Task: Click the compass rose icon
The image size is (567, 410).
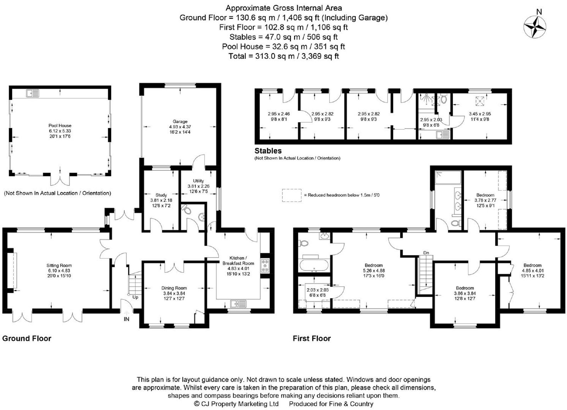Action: tap(535, 27)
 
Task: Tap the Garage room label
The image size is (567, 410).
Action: tap(180, 122)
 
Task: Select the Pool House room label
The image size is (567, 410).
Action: tap(60, 125)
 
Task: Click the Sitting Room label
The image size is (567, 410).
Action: tap(59, 265)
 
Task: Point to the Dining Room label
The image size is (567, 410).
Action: tap(174, 288)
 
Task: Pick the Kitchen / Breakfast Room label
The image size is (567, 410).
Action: tap(238, 261)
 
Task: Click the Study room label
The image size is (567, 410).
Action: tap(161, 195)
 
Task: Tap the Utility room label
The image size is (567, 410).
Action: tap(198, 181)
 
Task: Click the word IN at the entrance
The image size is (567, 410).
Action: tap(127, 319)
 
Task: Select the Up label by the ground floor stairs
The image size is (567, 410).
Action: tap(135, 297)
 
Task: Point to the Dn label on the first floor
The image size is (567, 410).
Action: tap(426, 253)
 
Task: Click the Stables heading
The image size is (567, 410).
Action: tap(268, 151)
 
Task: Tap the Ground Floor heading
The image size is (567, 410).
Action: tap(27, 338)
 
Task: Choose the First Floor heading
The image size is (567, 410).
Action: tap(312, 338)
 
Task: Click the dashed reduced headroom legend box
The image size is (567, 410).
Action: tap(292, 195)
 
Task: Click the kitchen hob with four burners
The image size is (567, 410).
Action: tap(265, 266)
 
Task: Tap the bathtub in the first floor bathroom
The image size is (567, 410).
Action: tap(314, 265)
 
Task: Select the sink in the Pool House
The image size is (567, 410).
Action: tap(32, 94)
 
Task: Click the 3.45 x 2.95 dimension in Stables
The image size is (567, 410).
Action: tap(480, 114)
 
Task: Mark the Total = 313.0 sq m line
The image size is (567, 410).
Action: tap(283, 56)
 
